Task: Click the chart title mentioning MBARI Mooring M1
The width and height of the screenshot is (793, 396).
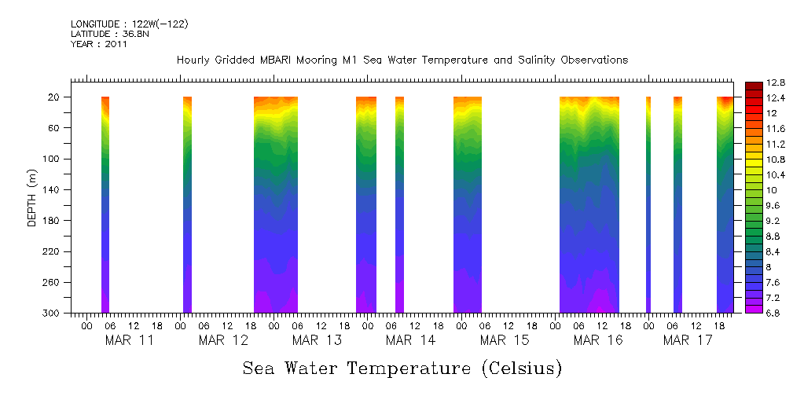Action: (402, 60)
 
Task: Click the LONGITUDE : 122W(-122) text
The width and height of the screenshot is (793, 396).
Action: (129, 24)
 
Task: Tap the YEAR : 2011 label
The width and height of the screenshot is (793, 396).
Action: (99, 44)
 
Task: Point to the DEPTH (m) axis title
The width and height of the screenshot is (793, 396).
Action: (32, 197)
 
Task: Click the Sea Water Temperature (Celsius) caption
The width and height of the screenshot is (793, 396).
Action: (402, 368)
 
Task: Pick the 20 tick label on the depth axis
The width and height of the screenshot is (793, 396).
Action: (56, 97)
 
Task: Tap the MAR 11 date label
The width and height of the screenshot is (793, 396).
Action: (130, 340)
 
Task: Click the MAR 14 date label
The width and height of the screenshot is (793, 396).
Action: (411, 340)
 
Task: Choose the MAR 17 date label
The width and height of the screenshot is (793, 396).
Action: (688, 340)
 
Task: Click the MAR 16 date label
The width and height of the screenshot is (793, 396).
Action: (598, 340)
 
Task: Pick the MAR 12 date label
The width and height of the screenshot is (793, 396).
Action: (223, 340)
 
